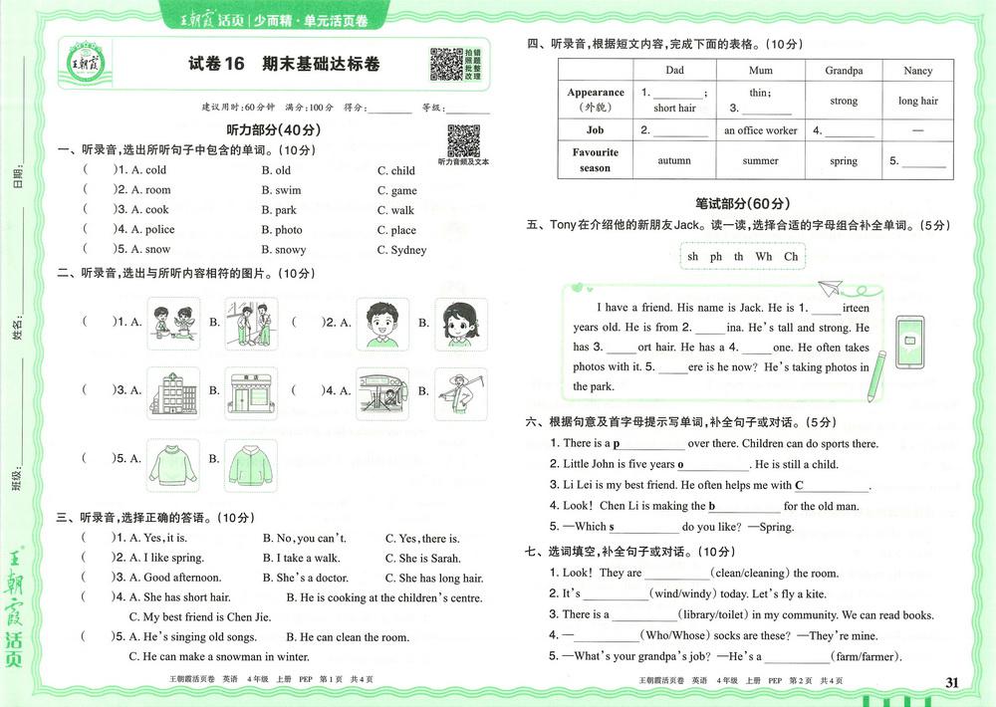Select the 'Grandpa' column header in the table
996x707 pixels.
pyautogui.click(x=844, y=71)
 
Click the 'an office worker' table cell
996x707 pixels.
pyautogui.click(x=760, y=130)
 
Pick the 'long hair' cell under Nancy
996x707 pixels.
pyautogui.click(x=917, y=101)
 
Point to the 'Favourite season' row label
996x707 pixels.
pyautogui.click(x=595, y=160)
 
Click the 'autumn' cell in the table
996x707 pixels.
pyautogui.click(x=674, y=160)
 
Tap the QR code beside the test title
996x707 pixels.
pyautogui.click(x=446, y=64)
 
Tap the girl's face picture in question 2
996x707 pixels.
pyautogui.click(x=460, y=324)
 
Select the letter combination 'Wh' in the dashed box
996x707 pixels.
pyautogui.click(x=764, y=256)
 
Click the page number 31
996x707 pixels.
pyautogui.click(x=951, y=682)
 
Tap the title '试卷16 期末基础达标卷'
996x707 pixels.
pyautogui.click(x=284, y=65)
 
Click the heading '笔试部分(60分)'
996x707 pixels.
pyautogui.click(x=742, y=202)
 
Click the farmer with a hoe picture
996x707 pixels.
pyautogui.click(x=460, y=391)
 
